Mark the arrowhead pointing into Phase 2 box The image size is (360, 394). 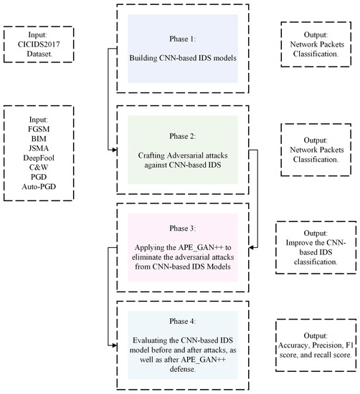click(x=113, y=150)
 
